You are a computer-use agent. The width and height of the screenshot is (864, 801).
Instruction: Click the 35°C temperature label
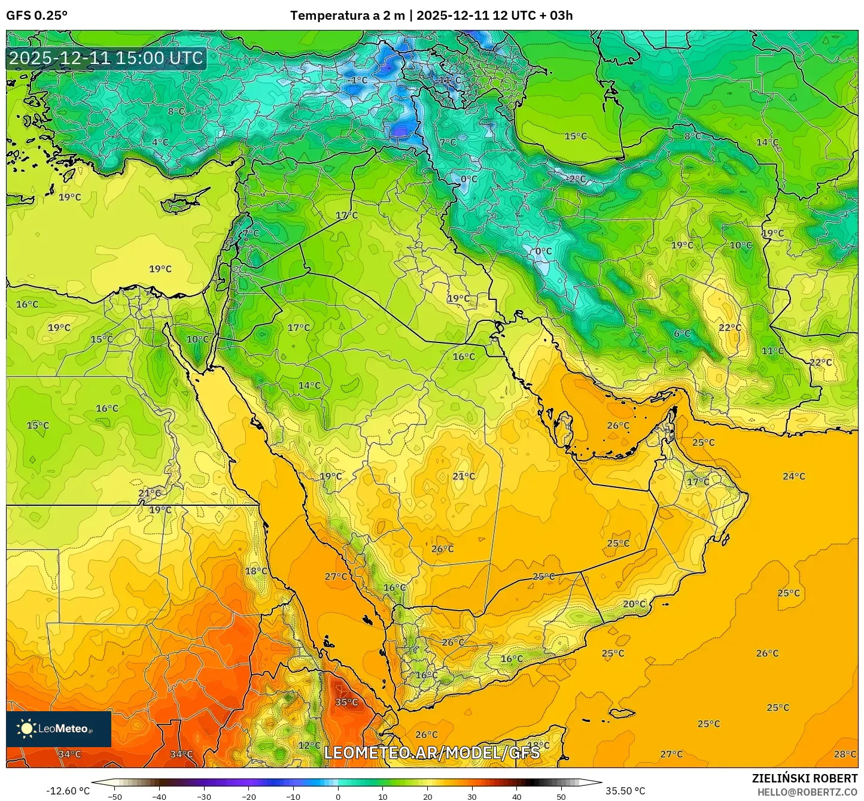pyautogui.click(x=346, y=702)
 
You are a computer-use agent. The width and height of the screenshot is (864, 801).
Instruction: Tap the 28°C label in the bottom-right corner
pyautogui.click(x=845, y=754)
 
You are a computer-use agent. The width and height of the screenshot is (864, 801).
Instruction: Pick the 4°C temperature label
pyautogui.click(x=160, y=142)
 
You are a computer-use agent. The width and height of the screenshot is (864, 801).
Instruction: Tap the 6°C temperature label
pyautogui.click(x=682, y=333)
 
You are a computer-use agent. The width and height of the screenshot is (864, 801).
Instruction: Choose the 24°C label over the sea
pyautogui.click(x=793, y=477)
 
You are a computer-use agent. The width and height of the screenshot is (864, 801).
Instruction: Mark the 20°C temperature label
pyautogui.click(x=634, y=604)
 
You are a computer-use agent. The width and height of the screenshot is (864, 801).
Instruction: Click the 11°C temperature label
pyautogui.click(x=772, y=351)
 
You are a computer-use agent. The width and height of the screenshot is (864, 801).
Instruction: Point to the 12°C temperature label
pyautogui.click(x=309, y=745)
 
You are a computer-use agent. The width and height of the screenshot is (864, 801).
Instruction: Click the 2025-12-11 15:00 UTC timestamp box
pyautogui.click(x=106, y=58)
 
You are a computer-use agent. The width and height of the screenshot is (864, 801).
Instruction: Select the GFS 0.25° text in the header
pyautogui.click(x=36, y=16)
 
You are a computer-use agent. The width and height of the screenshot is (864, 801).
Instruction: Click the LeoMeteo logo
pyautogui.click(x=59, y=729)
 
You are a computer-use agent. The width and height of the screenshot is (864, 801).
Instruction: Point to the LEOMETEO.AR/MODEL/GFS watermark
pyautogui.click(x=431, y=753)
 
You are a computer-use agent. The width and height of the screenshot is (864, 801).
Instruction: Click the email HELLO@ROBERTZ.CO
pyautogui.click(x=807, y=791)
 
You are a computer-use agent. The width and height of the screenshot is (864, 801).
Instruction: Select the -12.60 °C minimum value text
pyautogui.click(x=68, y=791)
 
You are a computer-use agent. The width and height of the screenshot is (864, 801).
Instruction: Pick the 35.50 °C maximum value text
pyautogui.click(x=625, y=791)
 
